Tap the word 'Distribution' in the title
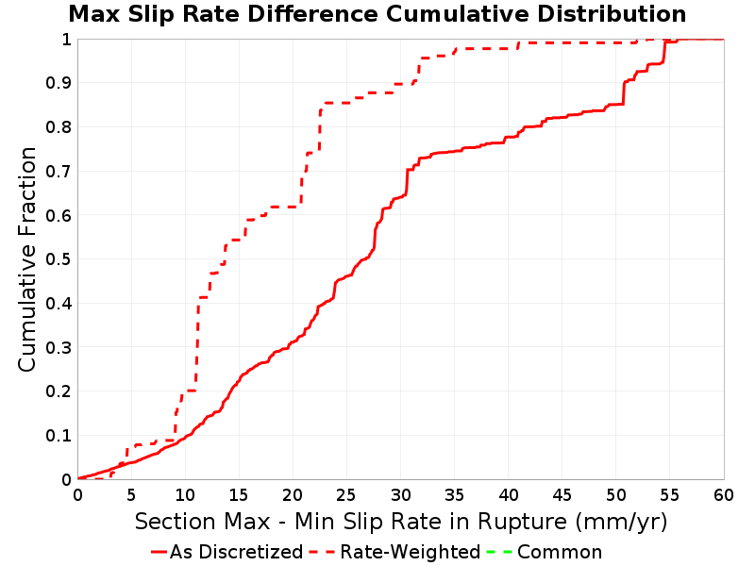(x=612, y=14)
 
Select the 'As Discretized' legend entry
(x=226, y=552)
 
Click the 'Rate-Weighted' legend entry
(x=394, y=552)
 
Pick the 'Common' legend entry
(x=545, y=552)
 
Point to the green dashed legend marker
(x=499, y=552)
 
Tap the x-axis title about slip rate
(x=401, y=522)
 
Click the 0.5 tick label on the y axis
(x=59, y=259)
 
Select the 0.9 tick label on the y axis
(x=59, y=83)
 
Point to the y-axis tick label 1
(x=66, y=40)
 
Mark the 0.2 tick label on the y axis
(x=59, y=391)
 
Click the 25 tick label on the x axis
(x=346, y=495)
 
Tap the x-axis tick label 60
(x=724, y=495)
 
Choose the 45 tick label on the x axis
(x=562, y=495)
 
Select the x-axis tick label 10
(x=184, y=495)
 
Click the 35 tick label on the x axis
(x=454, y=495)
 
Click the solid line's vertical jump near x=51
(x=624, y=92)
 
